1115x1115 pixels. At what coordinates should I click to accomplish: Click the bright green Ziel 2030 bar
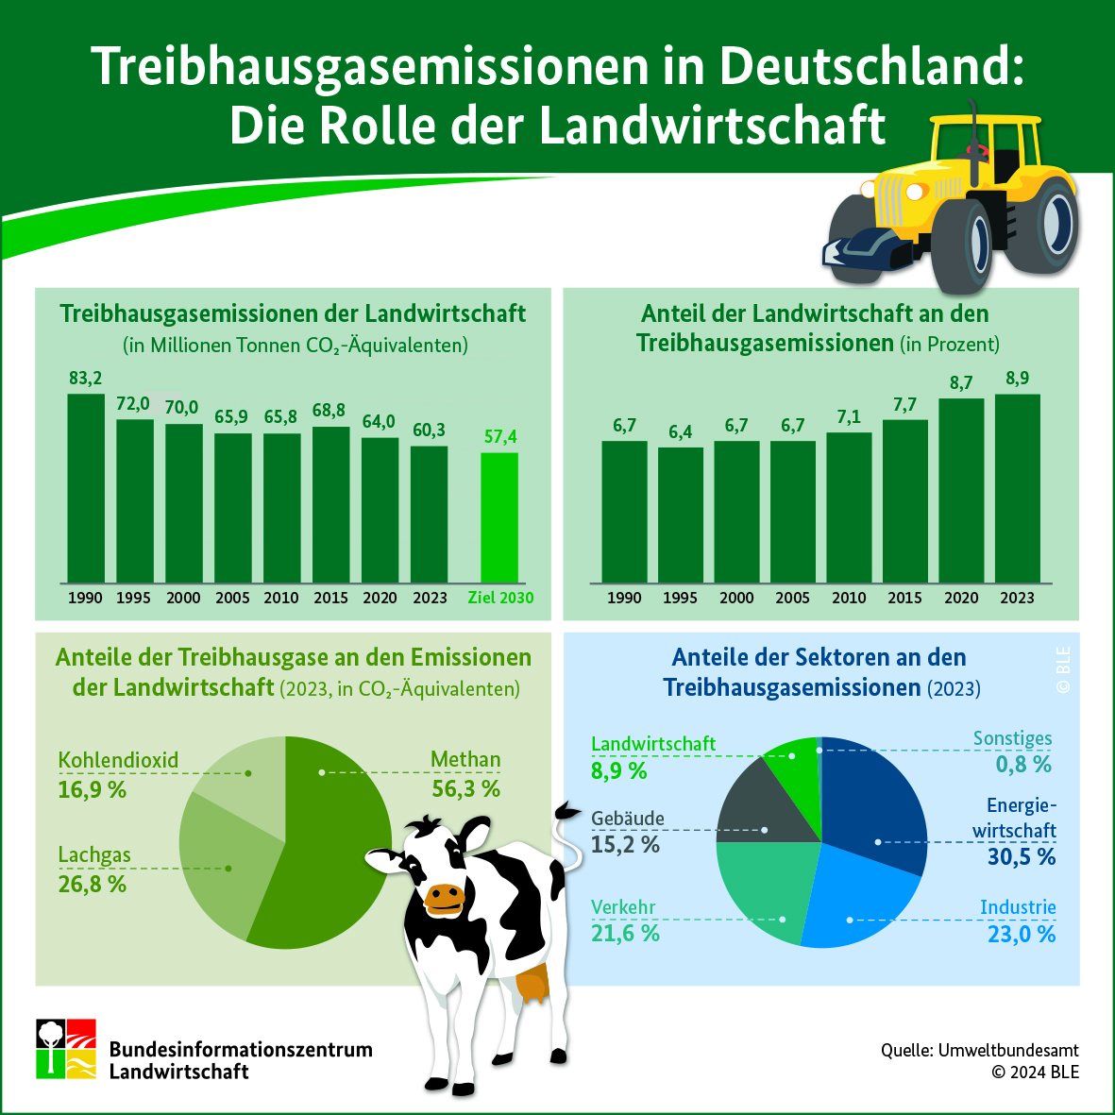499,517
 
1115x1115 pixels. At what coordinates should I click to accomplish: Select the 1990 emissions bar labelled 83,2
86,488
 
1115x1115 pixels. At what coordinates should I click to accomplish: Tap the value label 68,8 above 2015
329,411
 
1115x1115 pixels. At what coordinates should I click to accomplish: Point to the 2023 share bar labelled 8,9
1018,488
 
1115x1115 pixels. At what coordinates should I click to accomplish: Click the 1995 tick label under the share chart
681,598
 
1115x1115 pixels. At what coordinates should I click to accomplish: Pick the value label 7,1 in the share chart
849,416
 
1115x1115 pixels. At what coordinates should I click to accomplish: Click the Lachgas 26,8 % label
94,869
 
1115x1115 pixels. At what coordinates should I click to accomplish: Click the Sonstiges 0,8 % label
1013,751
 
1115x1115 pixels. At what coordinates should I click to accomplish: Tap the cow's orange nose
445,898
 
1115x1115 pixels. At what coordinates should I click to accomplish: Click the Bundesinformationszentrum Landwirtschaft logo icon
66,1049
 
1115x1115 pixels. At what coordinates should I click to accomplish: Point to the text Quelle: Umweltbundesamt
980,1050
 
